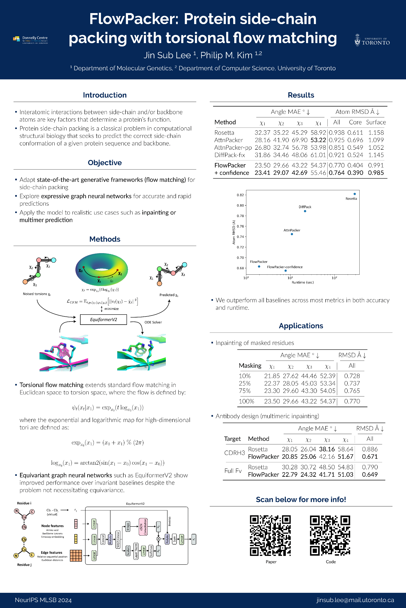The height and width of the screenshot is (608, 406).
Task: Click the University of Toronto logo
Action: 372,40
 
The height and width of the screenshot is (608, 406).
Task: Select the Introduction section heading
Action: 105,95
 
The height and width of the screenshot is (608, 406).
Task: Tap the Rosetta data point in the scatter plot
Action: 354,194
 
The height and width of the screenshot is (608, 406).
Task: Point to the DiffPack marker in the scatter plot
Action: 305,211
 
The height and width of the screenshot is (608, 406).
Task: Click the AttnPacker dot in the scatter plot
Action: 292,234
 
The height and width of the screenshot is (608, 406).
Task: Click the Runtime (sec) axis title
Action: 302,282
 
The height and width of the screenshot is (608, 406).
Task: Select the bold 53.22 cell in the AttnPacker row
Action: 318,140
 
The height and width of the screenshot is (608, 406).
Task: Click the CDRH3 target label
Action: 234,453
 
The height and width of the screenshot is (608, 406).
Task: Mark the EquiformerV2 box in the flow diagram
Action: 103,320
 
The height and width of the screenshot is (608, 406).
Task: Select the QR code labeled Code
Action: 330,535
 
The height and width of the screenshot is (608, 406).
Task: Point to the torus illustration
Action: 101,269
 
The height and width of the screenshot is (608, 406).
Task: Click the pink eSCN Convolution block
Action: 143,527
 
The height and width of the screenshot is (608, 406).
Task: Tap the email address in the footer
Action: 355,600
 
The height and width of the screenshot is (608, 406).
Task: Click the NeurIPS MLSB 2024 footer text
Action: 43,600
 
